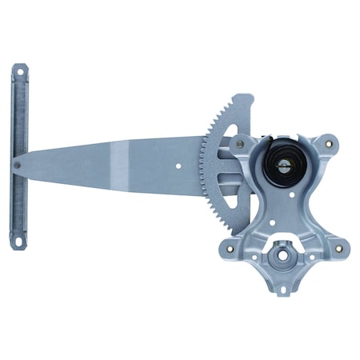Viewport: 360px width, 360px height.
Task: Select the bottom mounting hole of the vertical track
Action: click(18, 238)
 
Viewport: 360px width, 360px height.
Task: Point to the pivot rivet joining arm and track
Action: click(18, 165)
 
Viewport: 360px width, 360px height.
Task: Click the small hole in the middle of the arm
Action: click(178, 167)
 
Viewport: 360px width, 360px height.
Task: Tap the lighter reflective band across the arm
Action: click(120, 164)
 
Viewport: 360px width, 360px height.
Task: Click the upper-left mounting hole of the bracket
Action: click(239, 145)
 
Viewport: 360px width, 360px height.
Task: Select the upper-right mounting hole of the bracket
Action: click(326, 145)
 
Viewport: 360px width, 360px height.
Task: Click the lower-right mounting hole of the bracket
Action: click(338, 248)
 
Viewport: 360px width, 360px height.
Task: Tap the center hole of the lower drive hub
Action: click(283, 258)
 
